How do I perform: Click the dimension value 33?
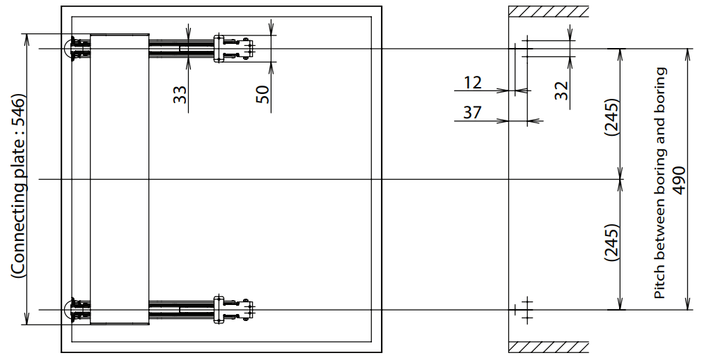tap(180, 95)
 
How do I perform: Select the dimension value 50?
tap(262, 95)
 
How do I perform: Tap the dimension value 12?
tap(472, 83)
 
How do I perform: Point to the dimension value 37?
tap(472, 112)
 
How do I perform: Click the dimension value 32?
tap(562, 90)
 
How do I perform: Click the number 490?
tap(680, 180)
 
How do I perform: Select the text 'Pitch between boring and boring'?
tap(661, 182)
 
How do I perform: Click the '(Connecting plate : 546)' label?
tap(18, 187)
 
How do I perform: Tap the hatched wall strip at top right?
tap(548, 12)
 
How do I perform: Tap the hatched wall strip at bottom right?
tap(548, 346)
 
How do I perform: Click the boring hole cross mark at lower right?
tap(526, 308)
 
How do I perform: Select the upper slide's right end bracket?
tap(233, 49)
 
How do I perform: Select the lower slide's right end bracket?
tap(233, 309)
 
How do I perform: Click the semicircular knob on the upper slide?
tap(70, 49)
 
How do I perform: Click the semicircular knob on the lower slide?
tap(70, 309)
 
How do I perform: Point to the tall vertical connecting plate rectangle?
tap(120, 178)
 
